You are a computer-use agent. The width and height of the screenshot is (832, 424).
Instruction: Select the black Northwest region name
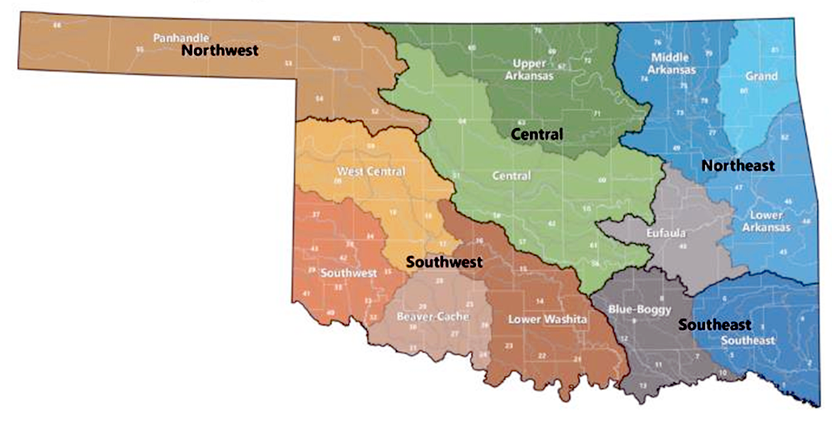pyautogui.click(x=219, y=50)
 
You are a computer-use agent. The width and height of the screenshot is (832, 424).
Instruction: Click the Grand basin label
pyautogui.click(x=761, y=77)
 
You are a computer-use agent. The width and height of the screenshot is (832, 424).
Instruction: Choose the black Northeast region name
pyautogui.click(x=738, y=165)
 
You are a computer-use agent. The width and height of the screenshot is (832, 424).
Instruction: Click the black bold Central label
pyautogui.click(x=537, y=135)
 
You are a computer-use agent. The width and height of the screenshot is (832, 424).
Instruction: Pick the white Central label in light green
pyautogui.click(x=511, y=176)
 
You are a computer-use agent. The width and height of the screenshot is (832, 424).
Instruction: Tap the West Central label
pyautogui.click(x=371, y=172)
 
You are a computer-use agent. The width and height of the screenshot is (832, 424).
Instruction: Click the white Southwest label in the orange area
pyautogui.click(x=347, y=273)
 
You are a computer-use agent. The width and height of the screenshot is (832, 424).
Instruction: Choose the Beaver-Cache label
pyautogui.click(x=431, y=315)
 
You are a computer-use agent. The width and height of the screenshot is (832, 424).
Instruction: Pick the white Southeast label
pyautogui.click(x=748, y=340)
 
